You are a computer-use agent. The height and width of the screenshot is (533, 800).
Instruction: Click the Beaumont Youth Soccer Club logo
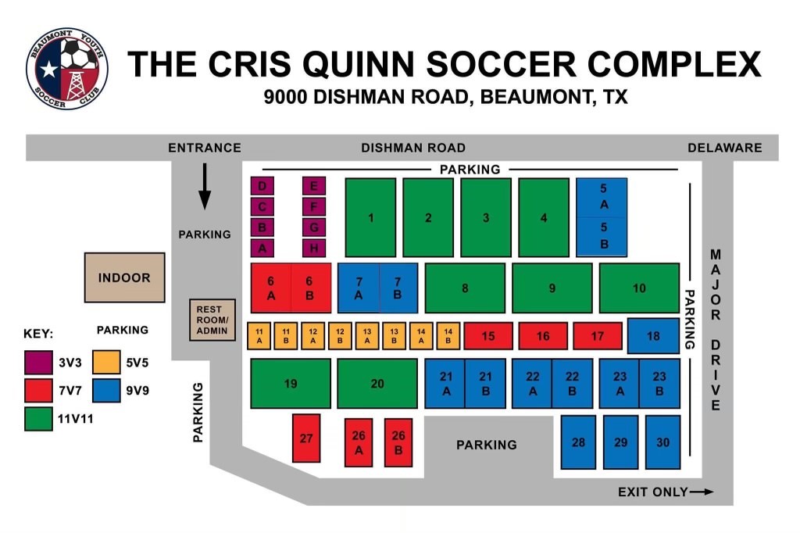tap(66, 68)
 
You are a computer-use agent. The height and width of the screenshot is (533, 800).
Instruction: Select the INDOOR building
tap(124, 277)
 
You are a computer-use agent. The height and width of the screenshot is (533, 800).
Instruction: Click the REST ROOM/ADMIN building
tap(212, 320)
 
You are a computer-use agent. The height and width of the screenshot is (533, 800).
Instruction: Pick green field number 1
tap(370, 217)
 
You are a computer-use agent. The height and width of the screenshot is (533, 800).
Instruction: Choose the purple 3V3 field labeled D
tap(262, 186)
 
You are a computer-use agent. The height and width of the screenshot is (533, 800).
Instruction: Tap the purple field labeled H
tap(314, 248)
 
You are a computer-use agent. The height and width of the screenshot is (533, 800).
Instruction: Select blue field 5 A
tap(602, 197)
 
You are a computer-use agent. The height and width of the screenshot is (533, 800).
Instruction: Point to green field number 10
tap(639, 288)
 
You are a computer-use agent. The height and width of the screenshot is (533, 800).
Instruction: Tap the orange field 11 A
tap(259, 336)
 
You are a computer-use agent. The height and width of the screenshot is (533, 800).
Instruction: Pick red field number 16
tap(543, 336)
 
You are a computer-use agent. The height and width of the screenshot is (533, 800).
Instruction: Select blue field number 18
tap(653, 336)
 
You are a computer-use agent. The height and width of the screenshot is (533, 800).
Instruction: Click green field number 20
tap(377, 383)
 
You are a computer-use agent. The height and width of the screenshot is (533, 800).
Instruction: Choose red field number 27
tap(306, 438)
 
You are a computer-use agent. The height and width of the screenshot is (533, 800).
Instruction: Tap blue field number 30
tap(662, 442)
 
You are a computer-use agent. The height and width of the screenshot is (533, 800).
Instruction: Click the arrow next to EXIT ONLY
tap(702, 492)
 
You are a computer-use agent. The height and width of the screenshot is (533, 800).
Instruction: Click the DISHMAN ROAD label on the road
tap(412, 148)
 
